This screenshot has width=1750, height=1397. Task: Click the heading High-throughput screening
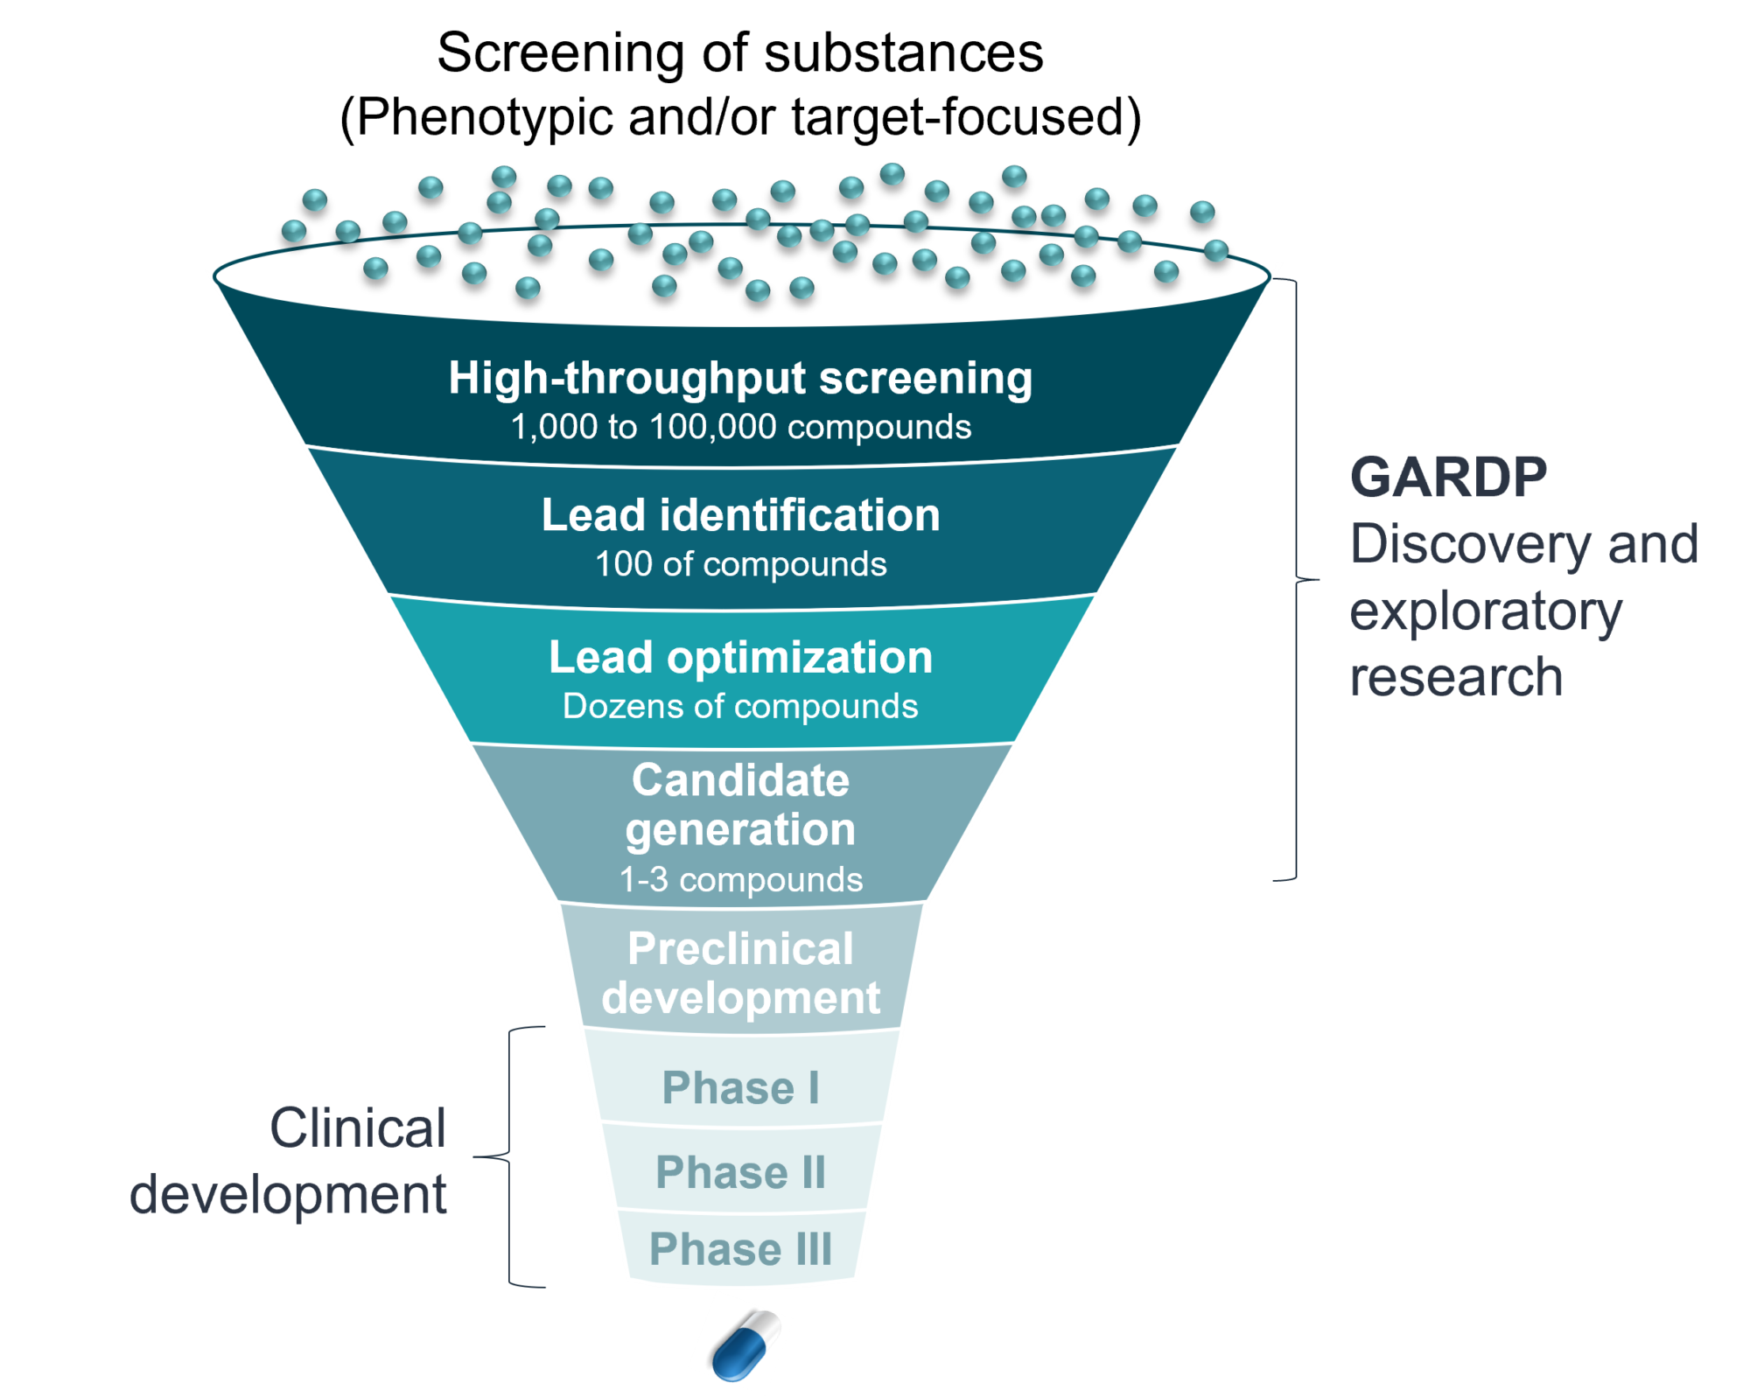[x=740, y=379]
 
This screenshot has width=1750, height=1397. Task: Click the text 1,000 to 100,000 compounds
[x=740, y=428]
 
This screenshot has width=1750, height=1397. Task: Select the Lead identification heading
[x=740, y=515]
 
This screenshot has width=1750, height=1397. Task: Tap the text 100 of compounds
[x=740, y=564]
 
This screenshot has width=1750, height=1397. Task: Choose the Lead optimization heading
[x=740, y=658]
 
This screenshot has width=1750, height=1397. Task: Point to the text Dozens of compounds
[x=740, y=707]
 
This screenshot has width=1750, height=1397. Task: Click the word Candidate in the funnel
[x=740, y=780]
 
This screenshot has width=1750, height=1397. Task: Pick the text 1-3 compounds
[x=740, y=880]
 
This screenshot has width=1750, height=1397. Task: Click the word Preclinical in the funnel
[x=740, y=949]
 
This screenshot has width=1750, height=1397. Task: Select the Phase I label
[x=740, y=1088]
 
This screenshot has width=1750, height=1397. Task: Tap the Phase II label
[x=740, y=1173]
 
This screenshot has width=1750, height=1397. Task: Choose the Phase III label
[x=740, y=1249]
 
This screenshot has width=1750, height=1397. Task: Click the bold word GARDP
[x=1448, y=478]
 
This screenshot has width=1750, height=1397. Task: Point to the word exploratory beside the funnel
[x=1485, y=612]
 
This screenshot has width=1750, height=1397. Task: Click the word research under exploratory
[x=1456, y=678]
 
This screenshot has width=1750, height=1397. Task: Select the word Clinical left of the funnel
[x=358, y=1128]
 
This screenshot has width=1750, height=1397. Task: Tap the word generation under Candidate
[x=740, y=830]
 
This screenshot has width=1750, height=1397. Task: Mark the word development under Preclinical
[x=740, y=998]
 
